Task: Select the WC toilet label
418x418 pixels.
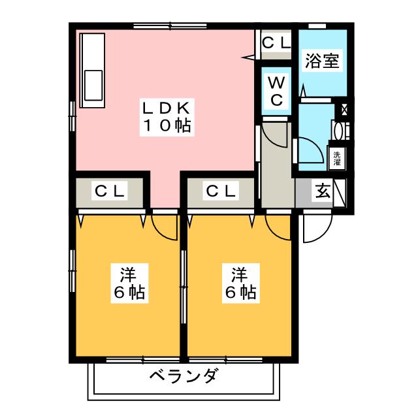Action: tap(276, 91)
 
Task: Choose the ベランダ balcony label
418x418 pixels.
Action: tap(183, 377)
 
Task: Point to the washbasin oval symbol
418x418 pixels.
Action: tap(338, 130)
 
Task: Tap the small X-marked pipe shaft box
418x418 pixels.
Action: tap(344, 109)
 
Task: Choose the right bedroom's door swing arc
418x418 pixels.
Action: tap(278, 225)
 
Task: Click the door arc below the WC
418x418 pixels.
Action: tap(278, 136)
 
